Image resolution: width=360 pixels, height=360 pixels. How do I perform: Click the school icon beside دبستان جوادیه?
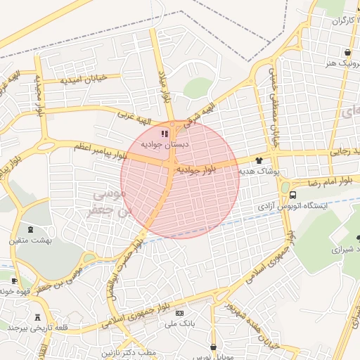(164, 134)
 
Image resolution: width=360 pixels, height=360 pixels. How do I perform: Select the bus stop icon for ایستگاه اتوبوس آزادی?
(292, 195)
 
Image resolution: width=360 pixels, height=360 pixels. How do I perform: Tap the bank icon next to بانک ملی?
(179, 313)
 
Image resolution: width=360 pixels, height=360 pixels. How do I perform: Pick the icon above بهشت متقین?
(30, 229)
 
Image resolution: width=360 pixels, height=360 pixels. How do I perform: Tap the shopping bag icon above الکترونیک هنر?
(347, 52)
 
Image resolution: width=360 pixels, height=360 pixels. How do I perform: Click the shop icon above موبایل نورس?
(213, 346)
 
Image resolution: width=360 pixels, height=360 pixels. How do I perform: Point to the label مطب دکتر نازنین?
(127, 351)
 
